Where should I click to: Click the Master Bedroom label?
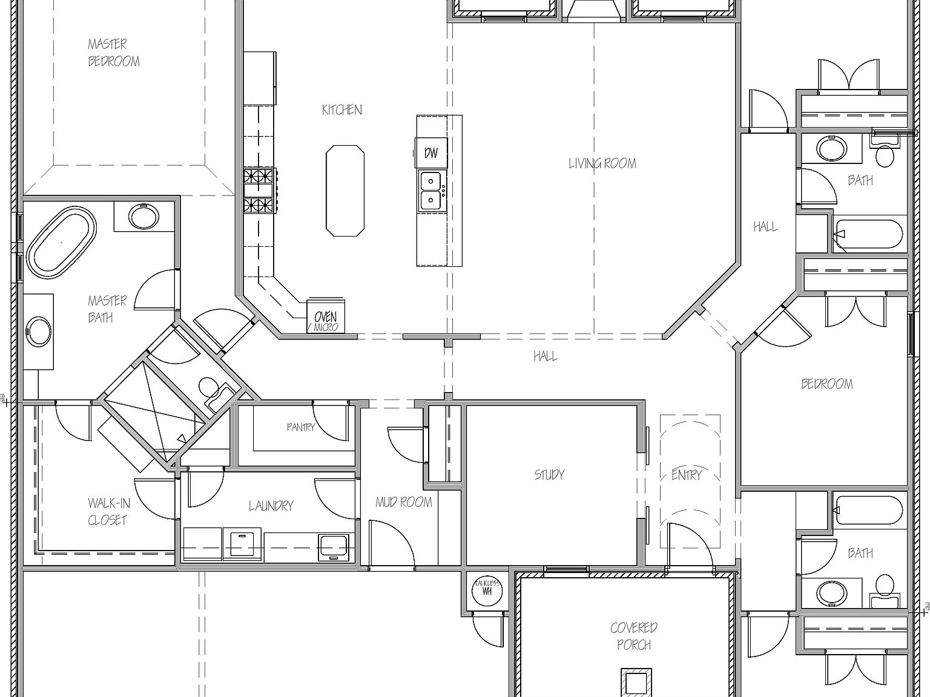(x=113, y=53)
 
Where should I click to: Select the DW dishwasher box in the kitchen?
(x=430, y=152)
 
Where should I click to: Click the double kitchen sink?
(x=431, y=190)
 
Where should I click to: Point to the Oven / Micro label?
(x=326, y=320)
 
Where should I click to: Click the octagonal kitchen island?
(x=345, y=190)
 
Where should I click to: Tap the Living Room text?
(x=602, y=163)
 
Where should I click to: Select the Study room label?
(x=549, y=474)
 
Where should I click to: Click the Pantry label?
(x=301, y=427)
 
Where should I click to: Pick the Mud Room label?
(x=403, y=502)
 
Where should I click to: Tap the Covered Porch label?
(x=634, y=636)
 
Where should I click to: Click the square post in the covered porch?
(x=636, y=682)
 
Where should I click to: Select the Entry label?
(x=686, y=475)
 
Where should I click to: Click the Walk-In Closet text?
(x=108, y=511)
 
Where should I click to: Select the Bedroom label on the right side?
(x=826, y=384)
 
